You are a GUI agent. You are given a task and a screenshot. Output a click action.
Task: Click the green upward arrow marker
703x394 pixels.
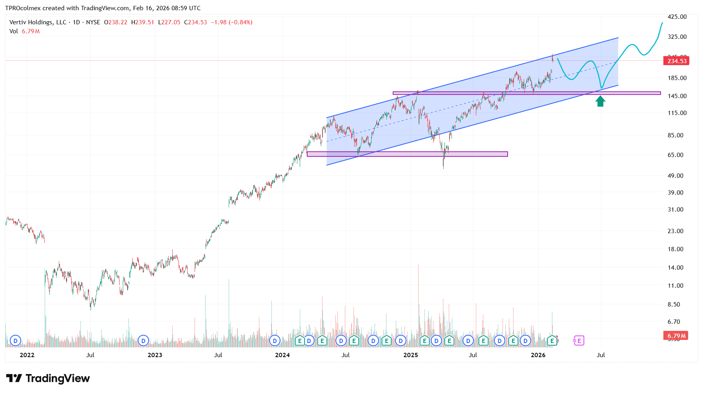(600, 102)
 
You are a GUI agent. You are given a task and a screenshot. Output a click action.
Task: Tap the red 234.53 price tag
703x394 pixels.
(677, 61)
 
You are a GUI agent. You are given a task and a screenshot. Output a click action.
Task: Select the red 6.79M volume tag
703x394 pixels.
(677, 336)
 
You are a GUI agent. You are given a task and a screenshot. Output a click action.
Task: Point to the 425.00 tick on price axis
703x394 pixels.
(677, 17)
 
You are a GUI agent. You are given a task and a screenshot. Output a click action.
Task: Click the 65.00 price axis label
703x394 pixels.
(676, 155)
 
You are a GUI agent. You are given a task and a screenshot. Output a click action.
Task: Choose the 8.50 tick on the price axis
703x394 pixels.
(674, 304)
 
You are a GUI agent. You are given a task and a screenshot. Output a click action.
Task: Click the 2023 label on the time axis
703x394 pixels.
(155, 355)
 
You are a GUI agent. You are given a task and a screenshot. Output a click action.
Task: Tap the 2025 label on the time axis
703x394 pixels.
(411, 355)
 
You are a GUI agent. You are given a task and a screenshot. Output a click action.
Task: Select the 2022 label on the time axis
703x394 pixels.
(27, 355)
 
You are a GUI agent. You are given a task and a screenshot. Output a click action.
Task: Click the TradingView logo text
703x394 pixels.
(57, 378)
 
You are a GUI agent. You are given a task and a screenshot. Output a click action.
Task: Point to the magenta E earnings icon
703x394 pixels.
(579, 341)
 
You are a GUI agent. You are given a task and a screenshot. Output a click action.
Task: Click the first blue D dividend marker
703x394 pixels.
(15, 341)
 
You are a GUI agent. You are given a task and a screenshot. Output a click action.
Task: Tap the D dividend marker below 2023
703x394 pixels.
(143, 341)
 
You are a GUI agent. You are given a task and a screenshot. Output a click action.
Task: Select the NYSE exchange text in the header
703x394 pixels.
(93, 22)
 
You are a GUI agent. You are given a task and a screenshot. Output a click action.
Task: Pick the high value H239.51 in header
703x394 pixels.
(142, 22)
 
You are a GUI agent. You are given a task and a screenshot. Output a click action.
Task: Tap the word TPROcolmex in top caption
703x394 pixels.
(23, 8)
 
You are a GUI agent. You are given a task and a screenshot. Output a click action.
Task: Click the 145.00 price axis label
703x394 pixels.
(677, 96)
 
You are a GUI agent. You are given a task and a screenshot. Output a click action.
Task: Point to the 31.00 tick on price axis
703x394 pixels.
(676, 210)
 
